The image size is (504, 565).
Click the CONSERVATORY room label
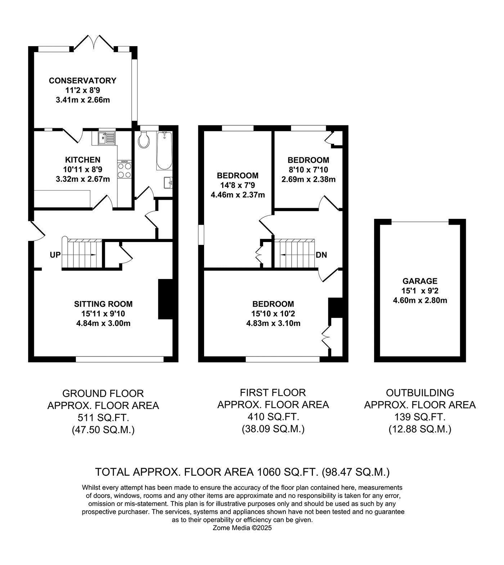tap(83, 80)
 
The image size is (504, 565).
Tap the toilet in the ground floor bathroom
tap(144, 139)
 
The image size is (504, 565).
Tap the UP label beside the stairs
tap(55, 255)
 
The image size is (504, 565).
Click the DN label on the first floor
tap(321, 255)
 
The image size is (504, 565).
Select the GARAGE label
tap(420, 281)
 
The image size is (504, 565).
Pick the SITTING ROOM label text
tap(103, 304)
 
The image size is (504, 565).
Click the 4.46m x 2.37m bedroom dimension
tap(238, 195)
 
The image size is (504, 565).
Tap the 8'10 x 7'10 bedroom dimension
tap(308, 169)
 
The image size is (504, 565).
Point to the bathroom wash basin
tap(168, 183)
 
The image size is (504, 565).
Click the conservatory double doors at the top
tap(94, 42)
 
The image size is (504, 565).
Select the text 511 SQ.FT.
tap(103, 418)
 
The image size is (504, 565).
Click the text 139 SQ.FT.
tap(420, 417)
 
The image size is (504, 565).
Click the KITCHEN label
tap(83, 160)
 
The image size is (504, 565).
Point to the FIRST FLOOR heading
tap(273, 392)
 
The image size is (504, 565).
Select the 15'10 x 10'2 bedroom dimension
tap(273, 314)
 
